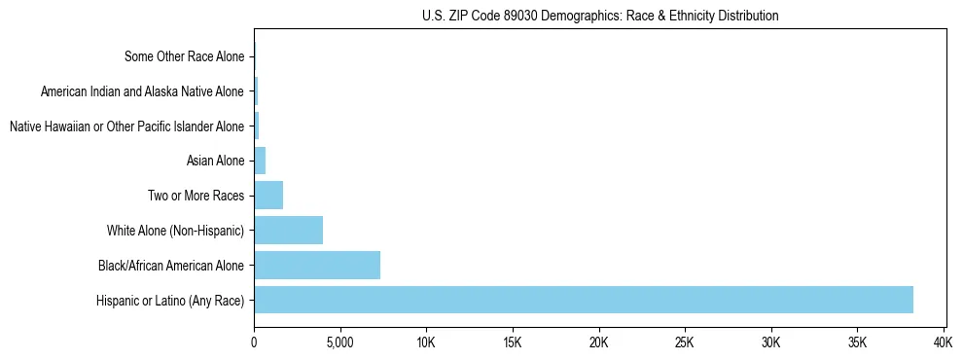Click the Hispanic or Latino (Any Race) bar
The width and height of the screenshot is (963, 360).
click(584, 300)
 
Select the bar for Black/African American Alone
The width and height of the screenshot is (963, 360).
click(317, 265)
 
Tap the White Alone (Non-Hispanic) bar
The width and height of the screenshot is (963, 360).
click(288, 231)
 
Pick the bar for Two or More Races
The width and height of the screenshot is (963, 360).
click(268, 196)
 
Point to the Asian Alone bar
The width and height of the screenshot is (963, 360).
click(260, 161)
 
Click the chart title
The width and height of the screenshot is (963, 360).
click(600, 16)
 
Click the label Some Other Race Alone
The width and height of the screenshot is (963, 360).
click(185, 56)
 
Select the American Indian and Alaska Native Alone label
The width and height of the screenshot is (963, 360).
click(142, 91)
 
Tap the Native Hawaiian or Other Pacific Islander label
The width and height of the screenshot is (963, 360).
click(126, 126)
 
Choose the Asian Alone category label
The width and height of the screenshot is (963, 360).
click(215, 161)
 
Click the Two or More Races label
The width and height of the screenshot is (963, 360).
click(196, 196)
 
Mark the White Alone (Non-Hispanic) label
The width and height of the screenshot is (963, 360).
click(176, 231)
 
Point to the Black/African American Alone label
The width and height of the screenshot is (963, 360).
click(171, 265)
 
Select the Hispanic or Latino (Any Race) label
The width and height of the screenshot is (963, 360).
click(170, 300)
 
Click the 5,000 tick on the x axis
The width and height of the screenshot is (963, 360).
click(339, 342)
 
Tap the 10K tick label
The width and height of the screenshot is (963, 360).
click(426, 342)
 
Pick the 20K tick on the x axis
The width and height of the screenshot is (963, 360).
click(598, 342)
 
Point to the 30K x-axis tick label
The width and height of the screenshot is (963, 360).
click(771, 342)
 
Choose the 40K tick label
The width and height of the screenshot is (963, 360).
click(944, 342)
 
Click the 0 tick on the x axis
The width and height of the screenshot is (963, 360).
click(254, 342)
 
